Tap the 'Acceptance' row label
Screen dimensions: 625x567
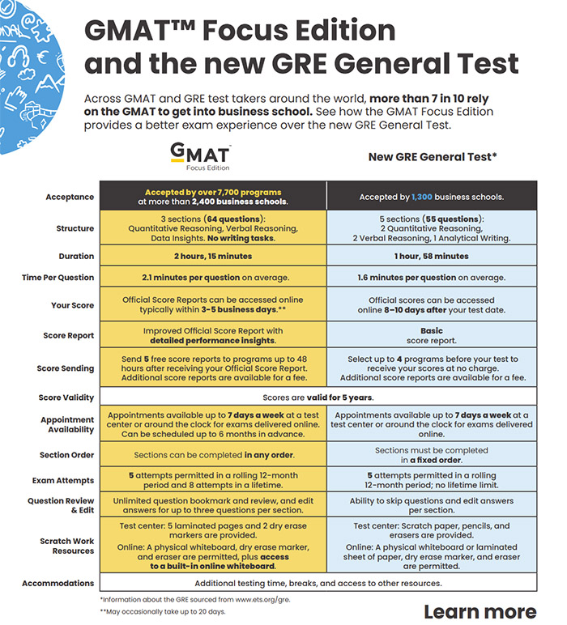(70, 197)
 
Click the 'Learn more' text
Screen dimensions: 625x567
(480, 611)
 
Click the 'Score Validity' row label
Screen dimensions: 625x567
(66, 398)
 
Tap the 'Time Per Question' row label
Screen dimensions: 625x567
(58, 278)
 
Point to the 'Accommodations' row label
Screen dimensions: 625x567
(58, 583)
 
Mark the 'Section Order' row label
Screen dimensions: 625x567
(66, 455)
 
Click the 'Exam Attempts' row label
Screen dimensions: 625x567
(65, 480)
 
